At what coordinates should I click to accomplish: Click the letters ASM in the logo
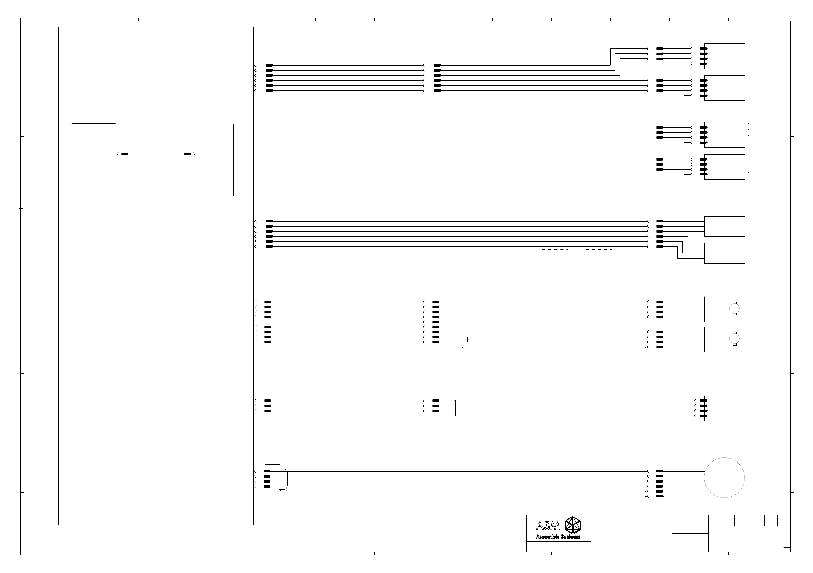(548, 526)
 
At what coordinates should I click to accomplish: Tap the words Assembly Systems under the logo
(558, 537)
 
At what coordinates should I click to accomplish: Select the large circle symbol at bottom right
(724, 478)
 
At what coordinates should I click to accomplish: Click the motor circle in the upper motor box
(734, 308)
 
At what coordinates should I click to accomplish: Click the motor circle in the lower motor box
(734, 339)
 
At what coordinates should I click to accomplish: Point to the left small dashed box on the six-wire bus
(554, 234)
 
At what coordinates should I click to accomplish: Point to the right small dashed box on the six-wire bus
(598, 234)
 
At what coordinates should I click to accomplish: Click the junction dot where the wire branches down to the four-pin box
(455, 401)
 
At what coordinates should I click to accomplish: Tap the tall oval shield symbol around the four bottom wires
(286, 479)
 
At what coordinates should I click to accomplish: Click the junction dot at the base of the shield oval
(280, 489)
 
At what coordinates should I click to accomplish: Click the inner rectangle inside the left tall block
(93, 159)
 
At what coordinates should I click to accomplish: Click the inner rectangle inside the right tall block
(215, 159)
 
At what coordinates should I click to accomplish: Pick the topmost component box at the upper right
(724, 56)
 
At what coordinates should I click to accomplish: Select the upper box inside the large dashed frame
(724, 135)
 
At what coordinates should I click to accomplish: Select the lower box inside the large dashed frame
(724, 167)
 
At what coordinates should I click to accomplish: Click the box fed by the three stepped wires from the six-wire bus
(724, 253)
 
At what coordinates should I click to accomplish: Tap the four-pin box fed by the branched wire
(724, 408)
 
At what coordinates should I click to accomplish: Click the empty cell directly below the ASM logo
(559, 547)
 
